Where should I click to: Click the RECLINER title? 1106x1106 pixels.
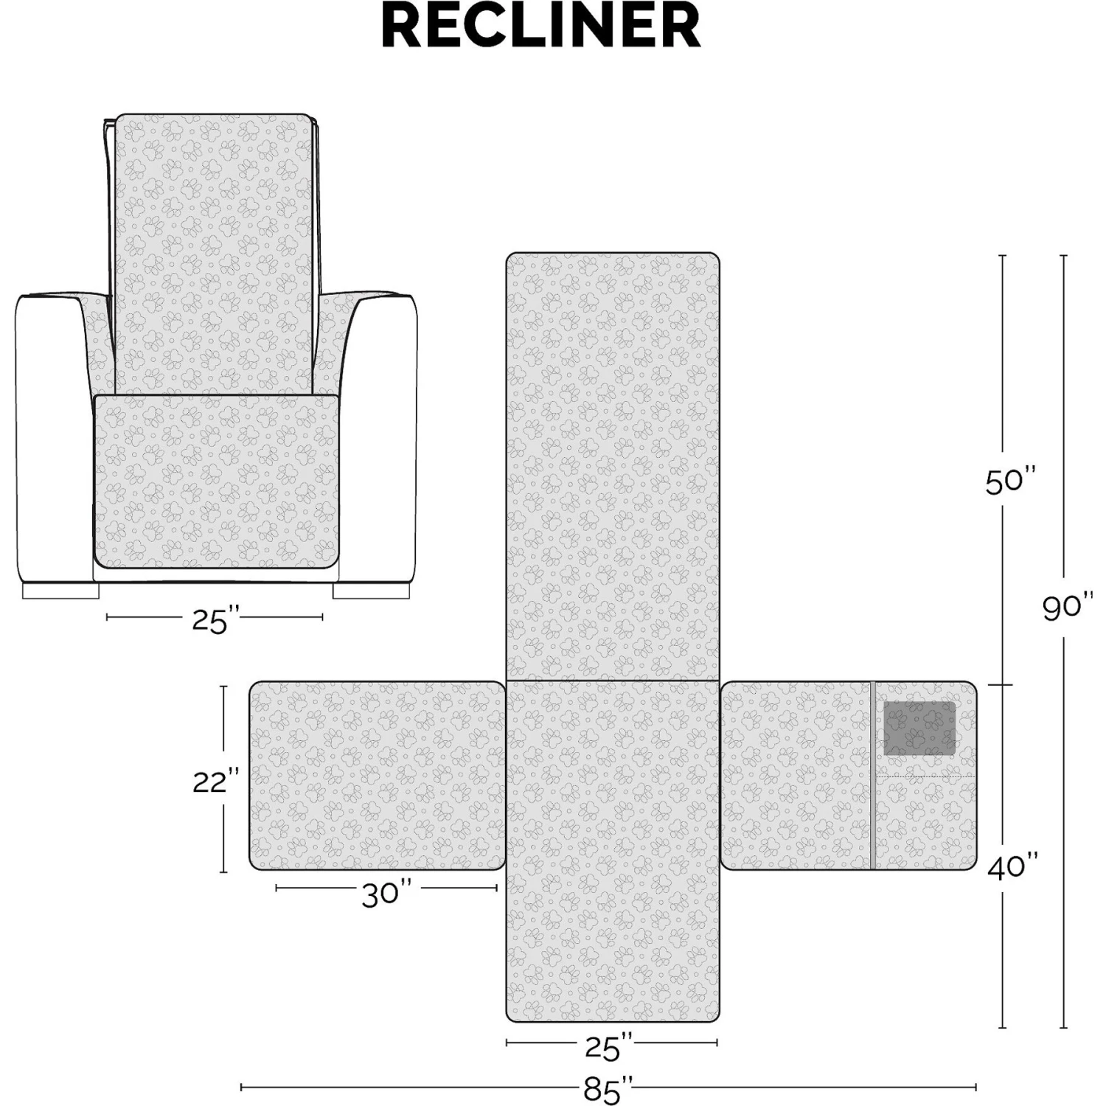pyautogui.click(x=541, y=27)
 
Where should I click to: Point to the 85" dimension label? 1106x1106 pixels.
pyautogui.click(x=608, y=1090)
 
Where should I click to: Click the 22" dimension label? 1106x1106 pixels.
pyautogui.click(x=217, y=781)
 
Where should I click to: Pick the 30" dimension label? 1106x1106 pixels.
pyautogui.click(x=386, y=894)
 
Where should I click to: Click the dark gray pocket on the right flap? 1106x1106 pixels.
pyautogui.click(x=919, y=728)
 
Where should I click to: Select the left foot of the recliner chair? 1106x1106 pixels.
pyautogui.click(x=60, y=591)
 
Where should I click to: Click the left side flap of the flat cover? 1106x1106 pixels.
pyautogui.click(x=378, y=776)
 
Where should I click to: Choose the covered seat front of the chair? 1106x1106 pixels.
pyautogui.click(x=216, y=482)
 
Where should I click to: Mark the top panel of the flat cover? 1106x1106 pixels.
pyautogui.click(x=613, y=466)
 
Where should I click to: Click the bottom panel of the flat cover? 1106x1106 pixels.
pyautogui.click(x=613, y=852)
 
